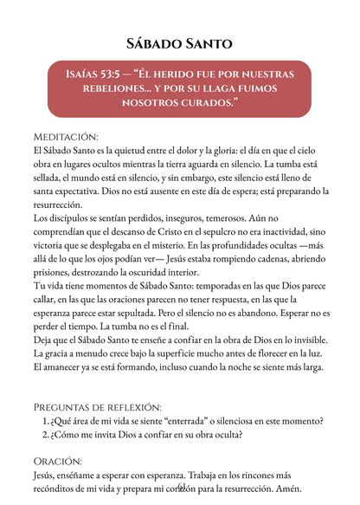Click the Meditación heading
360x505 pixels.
(66, 137)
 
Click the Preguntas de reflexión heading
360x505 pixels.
(97, 406)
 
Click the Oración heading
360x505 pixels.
(58, 462)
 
